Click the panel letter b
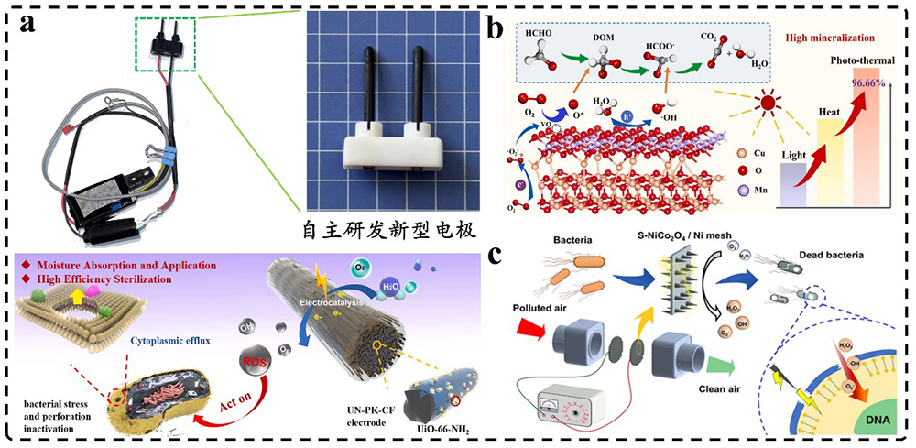[496, 28]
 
